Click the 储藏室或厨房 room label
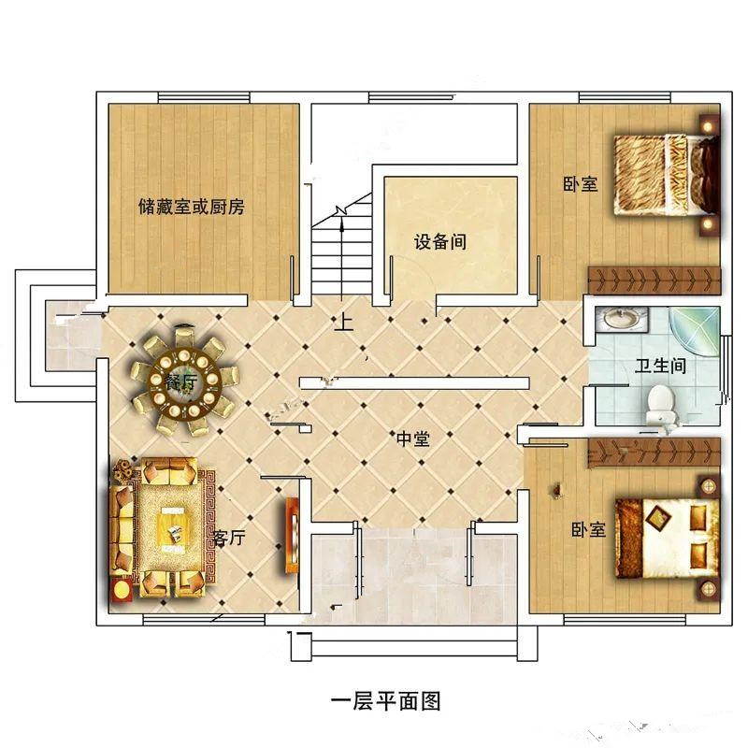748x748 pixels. click(191, 207)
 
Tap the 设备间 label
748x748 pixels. click(439, 242)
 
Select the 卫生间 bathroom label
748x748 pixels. click(661, 366)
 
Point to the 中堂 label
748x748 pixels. click(412, 438)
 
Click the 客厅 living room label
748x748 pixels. click(229, 539)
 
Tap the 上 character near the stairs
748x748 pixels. click(344, 324)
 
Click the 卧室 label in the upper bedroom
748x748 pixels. click(580, 184)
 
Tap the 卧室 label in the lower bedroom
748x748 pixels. click(589, 530)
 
